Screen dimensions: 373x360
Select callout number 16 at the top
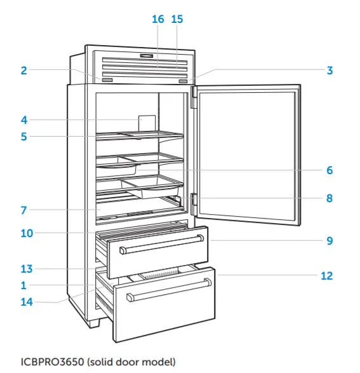click(158, 19)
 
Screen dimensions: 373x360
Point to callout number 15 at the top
click(177, 19)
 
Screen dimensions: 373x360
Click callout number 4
click(23, 119)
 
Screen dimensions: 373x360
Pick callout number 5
click(23, 136)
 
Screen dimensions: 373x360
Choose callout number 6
click(330, 170)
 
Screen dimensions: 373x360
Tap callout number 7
click(23, 209)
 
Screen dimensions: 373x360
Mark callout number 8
click(330, 198)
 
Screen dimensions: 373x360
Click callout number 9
click(330, 241)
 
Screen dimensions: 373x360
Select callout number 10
click(26, 233)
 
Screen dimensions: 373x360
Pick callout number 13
click(26, 269)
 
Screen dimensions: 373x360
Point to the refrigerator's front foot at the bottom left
click(94, 322)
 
